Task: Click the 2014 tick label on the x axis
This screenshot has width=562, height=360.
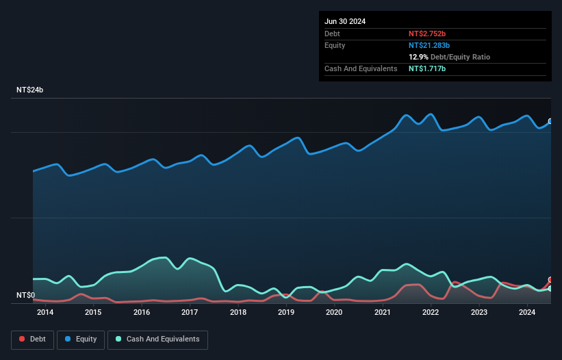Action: coord(45,313)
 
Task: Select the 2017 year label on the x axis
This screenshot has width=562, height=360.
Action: coord(190,313)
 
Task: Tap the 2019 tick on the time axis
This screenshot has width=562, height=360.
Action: coord(286,313)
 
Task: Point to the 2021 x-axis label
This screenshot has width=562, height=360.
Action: coord(383,313)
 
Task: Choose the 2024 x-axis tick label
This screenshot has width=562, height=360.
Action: coord(527,313)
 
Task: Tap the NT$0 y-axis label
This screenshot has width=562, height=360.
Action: coord(25,296)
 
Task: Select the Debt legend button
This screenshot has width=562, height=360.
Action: coord(33,339)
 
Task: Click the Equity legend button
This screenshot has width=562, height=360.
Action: coord(81,339)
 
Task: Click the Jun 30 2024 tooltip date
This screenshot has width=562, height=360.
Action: coord(345,21)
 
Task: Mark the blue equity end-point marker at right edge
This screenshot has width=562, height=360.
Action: coord(550,121)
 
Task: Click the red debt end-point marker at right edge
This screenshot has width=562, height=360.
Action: coord(550,280)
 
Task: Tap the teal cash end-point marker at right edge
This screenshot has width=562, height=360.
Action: coord(550,289)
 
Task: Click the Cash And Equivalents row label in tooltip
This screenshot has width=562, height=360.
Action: coord(361,69)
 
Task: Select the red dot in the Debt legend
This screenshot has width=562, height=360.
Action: coord(23,339)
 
